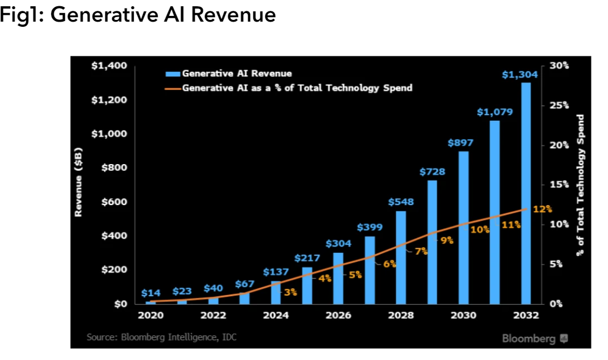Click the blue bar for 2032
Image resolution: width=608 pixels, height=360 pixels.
pos(525,194)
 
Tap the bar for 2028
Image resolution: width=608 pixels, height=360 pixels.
pos(401,257)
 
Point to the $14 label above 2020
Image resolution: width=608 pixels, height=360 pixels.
pos(151,293)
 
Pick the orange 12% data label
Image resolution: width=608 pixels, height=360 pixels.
pos(543,209)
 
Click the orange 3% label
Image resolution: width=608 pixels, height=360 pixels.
pos(290,292)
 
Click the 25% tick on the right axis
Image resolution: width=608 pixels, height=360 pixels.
pos(559,105)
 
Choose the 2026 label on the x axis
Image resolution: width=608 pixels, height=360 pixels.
pos(338,315)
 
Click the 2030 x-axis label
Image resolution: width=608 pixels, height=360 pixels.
pos(463,315)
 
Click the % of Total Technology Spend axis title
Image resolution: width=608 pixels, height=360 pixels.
pos(581,185)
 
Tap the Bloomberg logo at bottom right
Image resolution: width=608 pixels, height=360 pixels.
pos(535,339)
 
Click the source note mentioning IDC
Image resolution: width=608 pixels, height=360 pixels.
pos(161,337)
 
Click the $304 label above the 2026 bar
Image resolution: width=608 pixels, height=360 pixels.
pos(339,243)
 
